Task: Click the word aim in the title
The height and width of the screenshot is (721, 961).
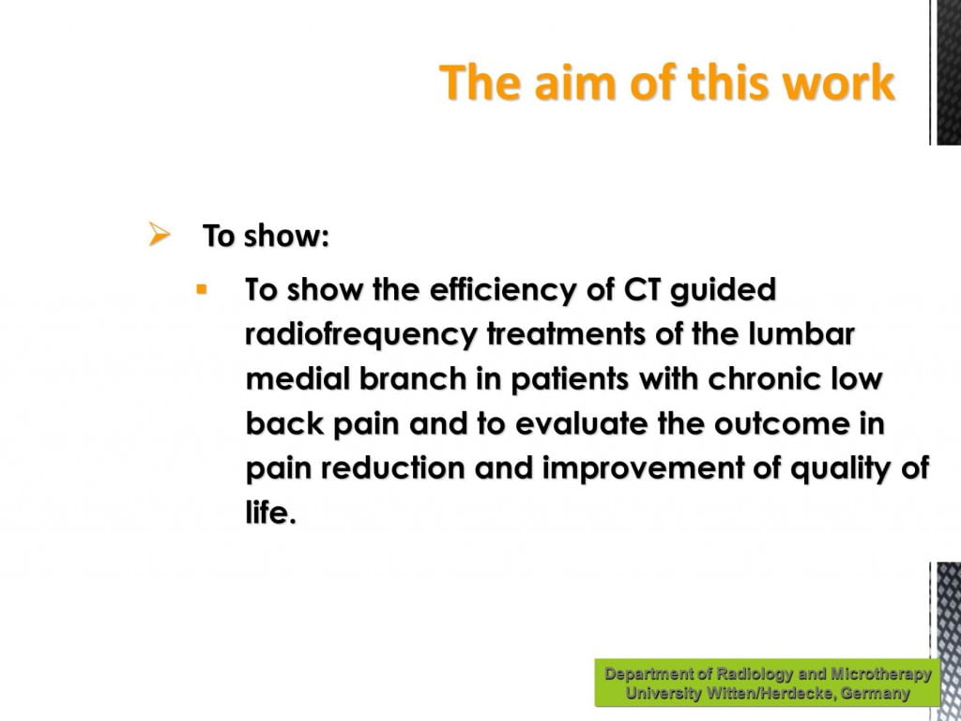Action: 574,83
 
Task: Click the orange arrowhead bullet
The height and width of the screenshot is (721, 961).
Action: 160,234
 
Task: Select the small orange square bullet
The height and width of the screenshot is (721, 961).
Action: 202,289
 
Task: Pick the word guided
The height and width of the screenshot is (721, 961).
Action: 723,290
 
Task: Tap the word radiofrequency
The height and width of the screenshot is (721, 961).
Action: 360,335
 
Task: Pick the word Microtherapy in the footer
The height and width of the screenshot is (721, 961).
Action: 880,674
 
